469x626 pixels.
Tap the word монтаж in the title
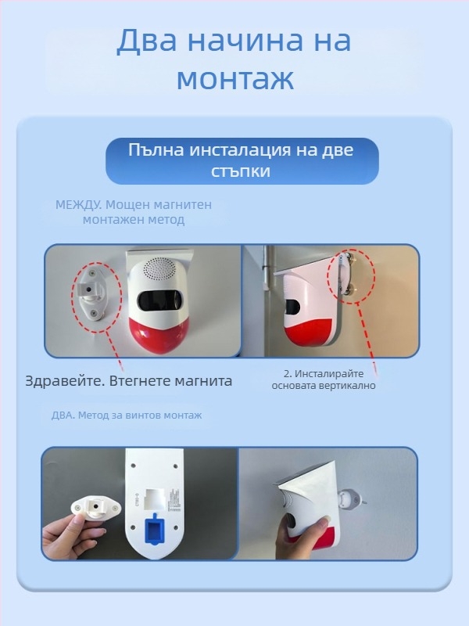coord(234,79)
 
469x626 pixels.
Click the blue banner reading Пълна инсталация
coord(242,160)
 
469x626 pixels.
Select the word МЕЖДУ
coord(77,205)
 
